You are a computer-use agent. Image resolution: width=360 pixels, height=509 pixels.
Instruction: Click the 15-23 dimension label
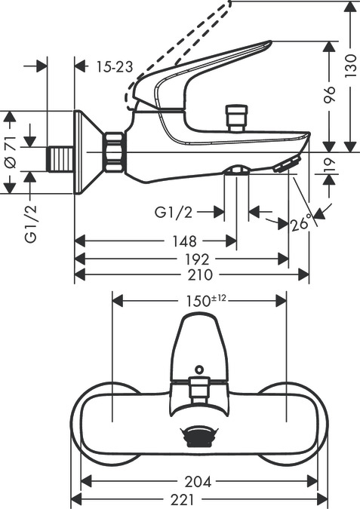(115, 67)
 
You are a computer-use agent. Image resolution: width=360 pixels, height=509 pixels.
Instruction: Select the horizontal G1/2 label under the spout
(177, 213)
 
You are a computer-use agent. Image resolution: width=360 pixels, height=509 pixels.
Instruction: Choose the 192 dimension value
(193, 259)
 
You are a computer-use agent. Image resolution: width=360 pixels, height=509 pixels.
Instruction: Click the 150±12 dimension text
(206, 300)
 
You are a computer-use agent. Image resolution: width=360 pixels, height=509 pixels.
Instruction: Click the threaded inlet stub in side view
(61, 156)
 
